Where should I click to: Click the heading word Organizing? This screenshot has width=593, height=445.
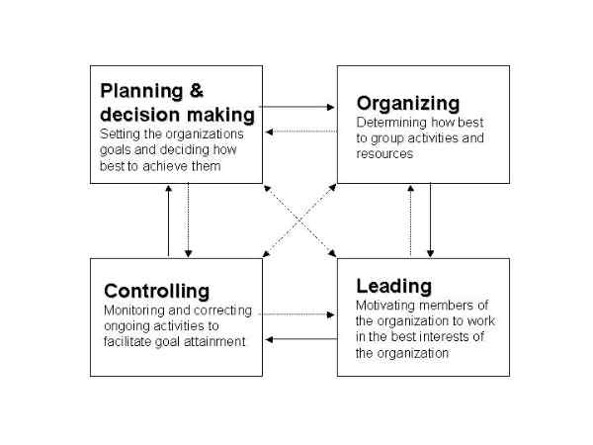[x=408, y=104]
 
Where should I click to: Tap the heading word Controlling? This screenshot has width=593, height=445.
[x=156, y=291]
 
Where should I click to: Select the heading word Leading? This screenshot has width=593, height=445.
[x=393, y=287]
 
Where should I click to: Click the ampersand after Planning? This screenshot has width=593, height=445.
[x=197, y=91]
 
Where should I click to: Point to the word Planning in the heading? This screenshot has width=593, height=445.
[x=141, y=92]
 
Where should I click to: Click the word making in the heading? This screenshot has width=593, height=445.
[x=220, y=115]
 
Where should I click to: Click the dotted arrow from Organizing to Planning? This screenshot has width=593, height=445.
[x=301, y=132]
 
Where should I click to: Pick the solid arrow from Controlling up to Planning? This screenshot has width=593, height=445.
[x=169, y=221]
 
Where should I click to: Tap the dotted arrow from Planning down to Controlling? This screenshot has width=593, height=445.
[x=189, y=221]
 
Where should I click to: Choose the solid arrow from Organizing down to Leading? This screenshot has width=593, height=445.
[x=430, y=221]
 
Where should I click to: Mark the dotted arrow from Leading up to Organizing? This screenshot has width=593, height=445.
[x=411, y=221]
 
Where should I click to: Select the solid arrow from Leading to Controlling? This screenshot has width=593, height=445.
[x=301, y=339]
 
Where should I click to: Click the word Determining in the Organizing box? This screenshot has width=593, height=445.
[x=391, y=123]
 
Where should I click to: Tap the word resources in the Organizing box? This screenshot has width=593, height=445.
[x=384, y=154]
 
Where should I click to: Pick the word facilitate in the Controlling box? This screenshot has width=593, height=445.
[x=127, y=342]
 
